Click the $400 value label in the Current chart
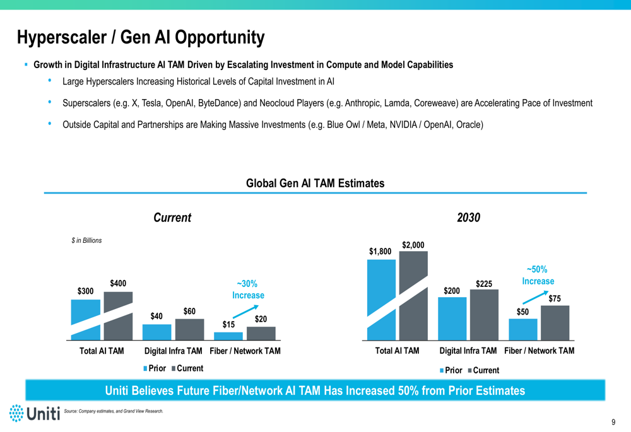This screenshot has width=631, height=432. pyautogui.click(x=118, y=284)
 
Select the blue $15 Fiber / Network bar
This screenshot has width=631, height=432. pyautogui.click(x=228, y=336)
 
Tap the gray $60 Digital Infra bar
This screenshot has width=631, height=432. pyautogui.click(x=189, y=329)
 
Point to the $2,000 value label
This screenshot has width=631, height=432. pyautogui.click(x=413, y=245)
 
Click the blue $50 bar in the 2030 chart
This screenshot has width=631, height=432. pyautogui.click(x=522, y=329)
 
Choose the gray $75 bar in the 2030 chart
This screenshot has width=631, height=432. pyautogui.click(x=555, y=323)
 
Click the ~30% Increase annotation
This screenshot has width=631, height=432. pyautogui.click(x=248, y=289)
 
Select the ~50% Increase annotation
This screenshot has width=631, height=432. pyautogui.click(x=538, y=275)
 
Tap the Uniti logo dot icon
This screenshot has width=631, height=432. pyautogui.click(x=16, y=413)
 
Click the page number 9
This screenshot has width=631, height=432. pyautogui.click(x=613, y=422)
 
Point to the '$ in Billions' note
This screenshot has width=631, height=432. pyautogui.click(x=86, y=240)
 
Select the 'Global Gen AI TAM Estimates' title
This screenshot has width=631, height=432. pyautogui.click(x=315, y=184)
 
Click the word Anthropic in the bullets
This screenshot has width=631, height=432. pyautogui.click(x=363, y=103)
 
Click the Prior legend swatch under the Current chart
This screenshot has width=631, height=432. pyautogui.click(x=145, y=368)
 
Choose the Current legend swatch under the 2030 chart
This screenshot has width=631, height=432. pyautogui.click(x=469, y=370)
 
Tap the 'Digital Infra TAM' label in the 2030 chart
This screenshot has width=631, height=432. pyautogui.click(x=468, y=351)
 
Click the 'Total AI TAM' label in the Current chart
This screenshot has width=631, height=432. pyautogui.click(x=102, y=351)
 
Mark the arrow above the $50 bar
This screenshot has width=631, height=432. pyautogui.click(x=535, y=297)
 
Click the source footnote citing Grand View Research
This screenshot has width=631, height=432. pyautogui.click(x=114, y=411)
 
